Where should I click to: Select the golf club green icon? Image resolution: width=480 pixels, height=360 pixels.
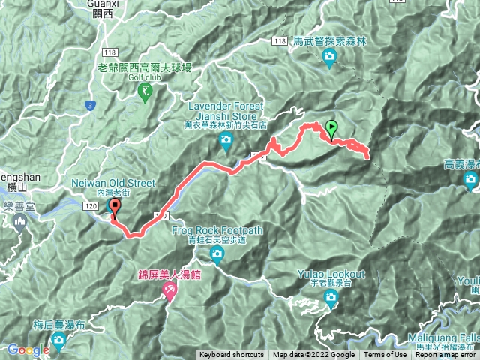145,91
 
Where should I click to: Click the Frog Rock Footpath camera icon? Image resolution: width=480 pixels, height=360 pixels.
217,256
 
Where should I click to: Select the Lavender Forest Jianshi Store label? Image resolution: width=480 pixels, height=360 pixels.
223,112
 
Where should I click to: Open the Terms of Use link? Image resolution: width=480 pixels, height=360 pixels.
385,355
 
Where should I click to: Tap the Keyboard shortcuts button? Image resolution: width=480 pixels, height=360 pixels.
231,355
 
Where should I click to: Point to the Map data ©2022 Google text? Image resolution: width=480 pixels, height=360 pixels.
313,355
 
